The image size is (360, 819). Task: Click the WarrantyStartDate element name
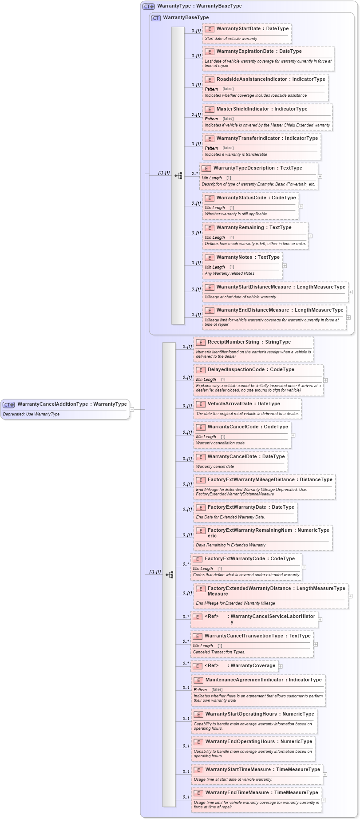tap(238, 29)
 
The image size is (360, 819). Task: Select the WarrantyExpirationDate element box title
tap(245, 51)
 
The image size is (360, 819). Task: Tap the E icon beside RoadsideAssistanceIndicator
tap(210, 80)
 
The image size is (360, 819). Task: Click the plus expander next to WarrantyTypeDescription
tap(320, 176)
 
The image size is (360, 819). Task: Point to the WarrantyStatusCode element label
tap(241, 198)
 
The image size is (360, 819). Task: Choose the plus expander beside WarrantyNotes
tap(285, 265)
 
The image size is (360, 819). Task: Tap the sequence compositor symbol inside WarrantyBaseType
tap(178, 175)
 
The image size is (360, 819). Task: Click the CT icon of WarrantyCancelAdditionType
tap(9, 404)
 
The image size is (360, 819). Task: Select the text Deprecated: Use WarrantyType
tap(31, 414)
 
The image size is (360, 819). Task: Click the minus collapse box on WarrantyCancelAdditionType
tap(132, 409)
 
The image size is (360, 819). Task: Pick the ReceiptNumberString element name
tap(234, 342)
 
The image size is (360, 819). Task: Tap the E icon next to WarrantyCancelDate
tap(201, 457)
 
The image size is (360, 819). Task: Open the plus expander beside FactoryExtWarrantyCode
tap(304, 567)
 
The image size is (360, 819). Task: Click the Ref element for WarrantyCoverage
tap(240, 666)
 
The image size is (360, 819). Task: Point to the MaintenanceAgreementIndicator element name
tap(244, 680)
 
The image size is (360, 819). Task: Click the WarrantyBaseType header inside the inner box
tap(186, 18)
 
